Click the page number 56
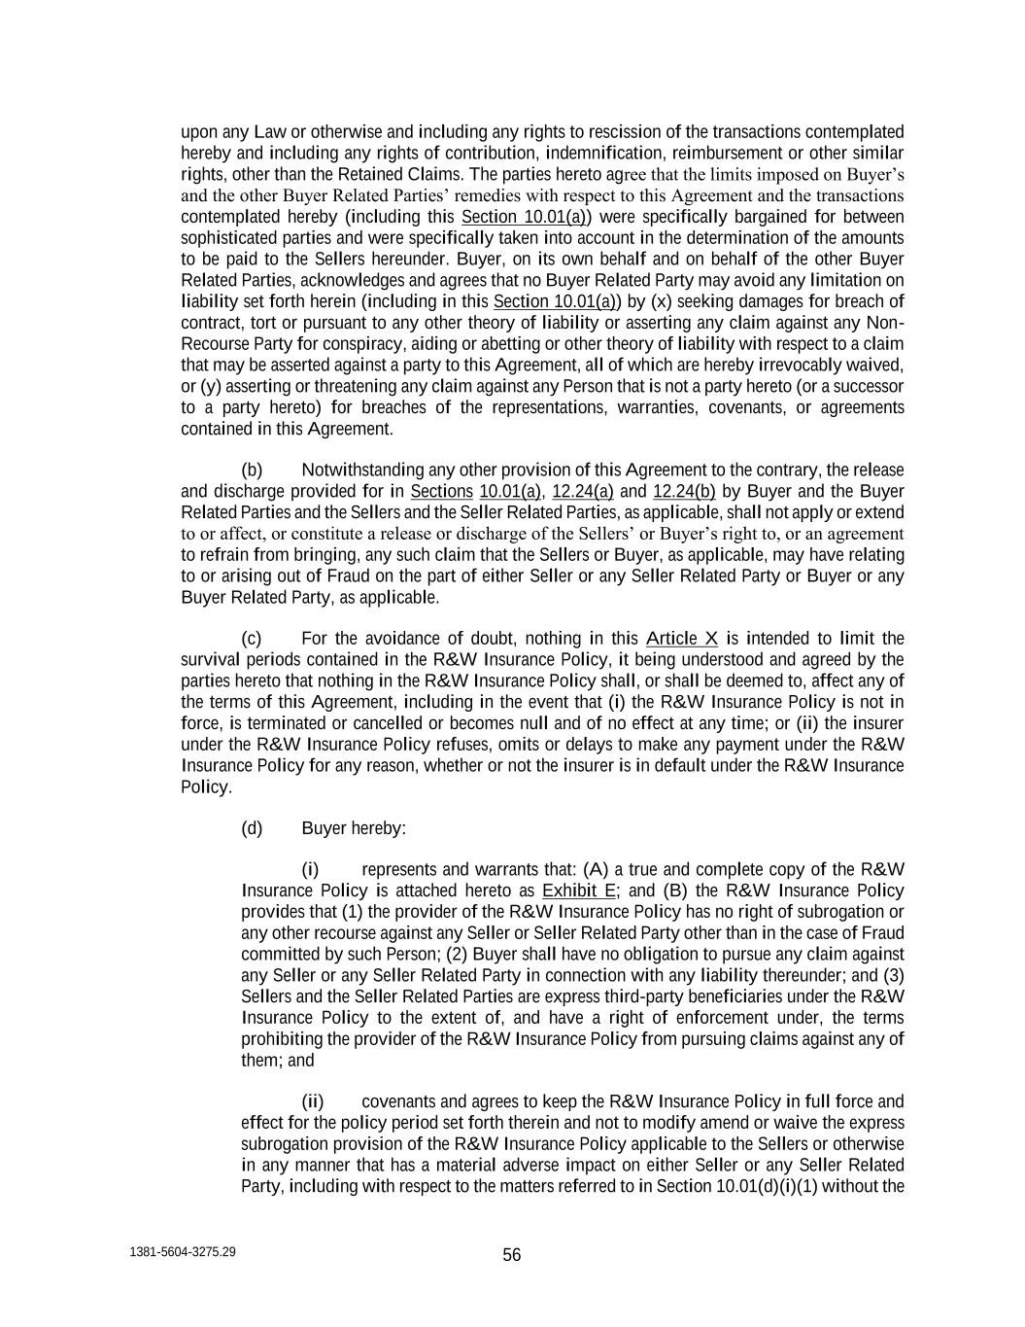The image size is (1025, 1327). (x=512, y=1255)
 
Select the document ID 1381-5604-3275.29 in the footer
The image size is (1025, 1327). (x=183, y=1252)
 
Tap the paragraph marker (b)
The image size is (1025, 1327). (x=252, y=471)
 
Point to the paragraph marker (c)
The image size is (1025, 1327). (x=252, y=639)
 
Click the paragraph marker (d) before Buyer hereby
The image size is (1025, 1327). (x=252, y=828)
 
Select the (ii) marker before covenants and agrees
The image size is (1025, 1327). (x=312, y=1101)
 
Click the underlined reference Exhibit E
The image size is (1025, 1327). (x=579, y=891)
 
